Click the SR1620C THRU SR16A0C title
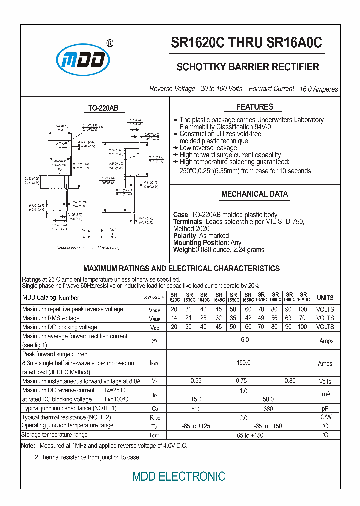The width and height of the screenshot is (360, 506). (x=247, y=43)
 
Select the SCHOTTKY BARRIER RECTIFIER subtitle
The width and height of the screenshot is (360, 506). (x=248, y=67)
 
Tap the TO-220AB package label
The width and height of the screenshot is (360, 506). (x=103, y=108)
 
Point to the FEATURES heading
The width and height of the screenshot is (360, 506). (x=254, y=107)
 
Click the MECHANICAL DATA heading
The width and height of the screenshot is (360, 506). (x=254, y=194)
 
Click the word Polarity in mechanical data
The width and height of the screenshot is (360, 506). (x=185, y=236)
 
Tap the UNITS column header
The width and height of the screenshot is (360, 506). (x=325, y=298)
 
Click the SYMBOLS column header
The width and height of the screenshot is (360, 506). (x=154, y=298)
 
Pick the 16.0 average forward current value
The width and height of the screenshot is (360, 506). (x=243, y=340)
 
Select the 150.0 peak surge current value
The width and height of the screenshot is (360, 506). (x=243, y=363)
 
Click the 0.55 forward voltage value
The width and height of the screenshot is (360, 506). (x=196, y=381)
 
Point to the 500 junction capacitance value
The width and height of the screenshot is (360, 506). (x=196, y=409)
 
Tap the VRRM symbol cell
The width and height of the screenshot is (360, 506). (x=154, y=309)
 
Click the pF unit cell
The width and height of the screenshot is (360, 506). (x=325, y=409)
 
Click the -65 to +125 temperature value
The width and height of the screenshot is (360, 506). (x=196, y=426)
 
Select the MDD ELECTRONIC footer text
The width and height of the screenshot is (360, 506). (x=179, y=476)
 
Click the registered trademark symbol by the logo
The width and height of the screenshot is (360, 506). (x=110, y=43)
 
